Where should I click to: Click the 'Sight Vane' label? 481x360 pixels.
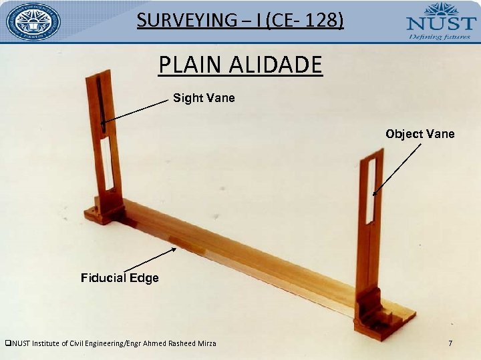tap(204, 98)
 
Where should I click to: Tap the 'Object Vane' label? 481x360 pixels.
tap(420, 134)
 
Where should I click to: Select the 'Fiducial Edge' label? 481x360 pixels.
tap(120, 277)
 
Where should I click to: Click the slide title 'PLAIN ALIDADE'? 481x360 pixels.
tap(240, 65)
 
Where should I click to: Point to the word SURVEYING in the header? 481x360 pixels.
tap(176, 21)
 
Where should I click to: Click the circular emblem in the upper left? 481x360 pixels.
tap(33, 21)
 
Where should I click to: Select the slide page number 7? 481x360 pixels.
tap(450, 343)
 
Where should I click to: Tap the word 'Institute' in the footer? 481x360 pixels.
tap(47, 343)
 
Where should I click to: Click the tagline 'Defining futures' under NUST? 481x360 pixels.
tap(441, 36)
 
